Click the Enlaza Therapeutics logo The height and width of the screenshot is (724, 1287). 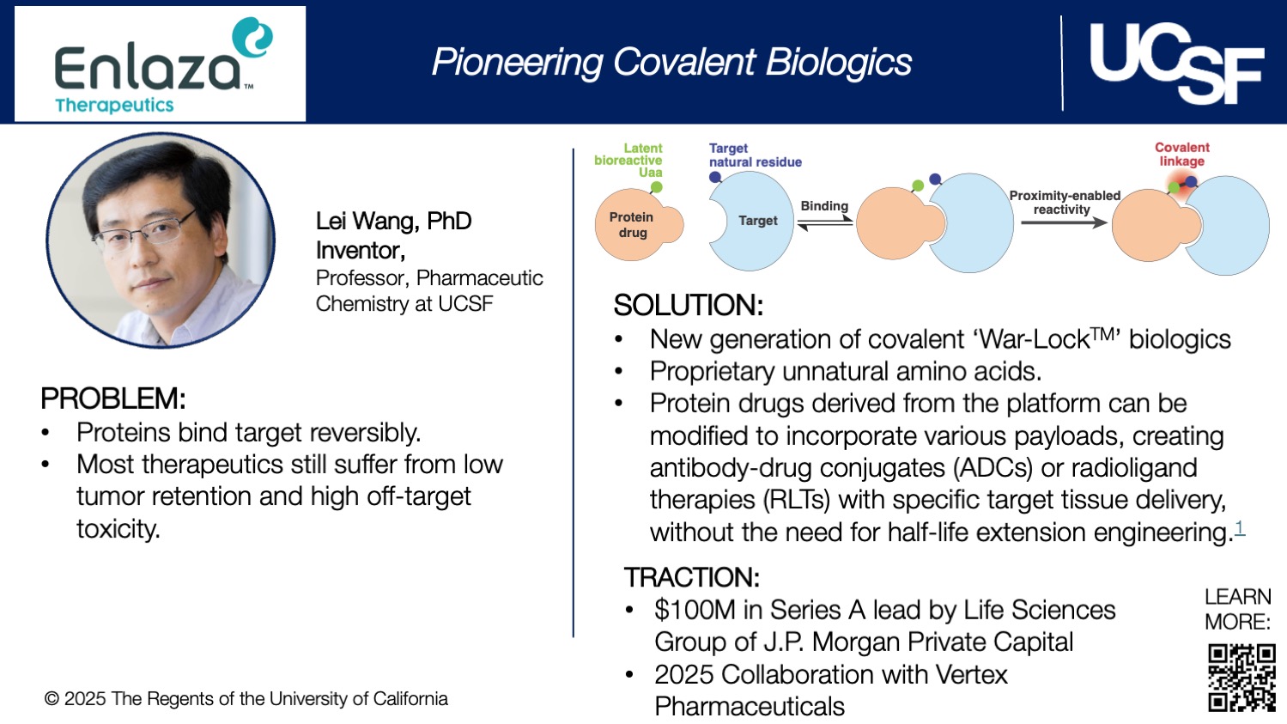point(161,64)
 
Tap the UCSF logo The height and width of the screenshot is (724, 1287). point(1177,64)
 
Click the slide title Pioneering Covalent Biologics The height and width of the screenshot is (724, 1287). point(671,62)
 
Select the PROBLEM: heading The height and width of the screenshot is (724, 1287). point(113,399)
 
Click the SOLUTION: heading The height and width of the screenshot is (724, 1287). point(689,305)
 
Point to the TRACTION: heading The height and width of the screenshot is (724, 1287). point(692,577)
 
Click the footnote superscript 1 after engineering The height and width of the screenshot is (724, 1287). point(1240,527)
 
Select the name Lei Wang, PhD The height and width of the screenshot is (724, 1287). point(393,222)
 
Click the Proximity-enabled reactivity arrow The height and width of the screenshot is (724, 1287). point(1064,222)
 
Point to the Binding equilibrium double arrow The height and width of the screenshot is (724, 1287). point(824,222)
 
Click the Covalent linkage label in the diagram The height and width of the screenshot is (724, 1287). point(1182,154)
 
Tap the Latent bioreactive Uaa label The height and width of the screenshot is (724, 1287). point(628,161)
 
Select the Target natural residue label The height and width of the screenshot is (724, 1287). point(755,155)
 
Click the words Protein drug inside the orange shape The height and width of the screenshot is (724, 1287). point(631,225)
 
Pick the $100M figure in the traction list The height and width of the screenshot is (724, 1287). point(695,611)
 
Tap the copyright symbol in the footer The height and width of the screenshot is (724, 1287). point(52,699)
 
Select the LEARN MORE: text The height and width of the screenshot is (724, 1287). point(1237,609)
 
